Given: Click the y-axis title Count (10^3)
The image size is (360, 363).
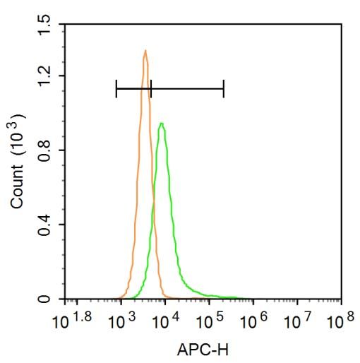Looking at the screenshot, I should tap(19, 162).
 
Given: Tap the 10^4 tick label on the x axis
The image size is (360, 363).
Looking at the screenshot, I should tap(165, 322).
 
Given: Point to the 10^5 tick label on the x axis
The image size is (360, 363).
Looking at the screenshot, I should tap(210, 322).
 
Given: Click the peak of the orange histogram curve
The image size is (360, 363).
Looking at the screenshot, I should tap(145, 51).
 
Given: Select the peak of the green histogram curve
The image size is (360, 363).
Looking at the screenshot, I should tap(162, 124).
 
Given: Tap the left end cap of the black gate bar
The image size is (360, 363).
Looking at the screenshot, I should tap(116, 88).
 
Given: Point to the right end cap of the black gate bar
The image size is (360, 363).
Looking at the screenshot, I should tap(223, 88).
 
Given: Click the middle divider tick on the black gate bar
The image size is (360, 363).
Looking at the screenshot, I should tap(150, 88).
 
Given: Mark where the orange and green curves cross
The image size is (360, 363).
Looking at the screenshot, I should tap(153, 205).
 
